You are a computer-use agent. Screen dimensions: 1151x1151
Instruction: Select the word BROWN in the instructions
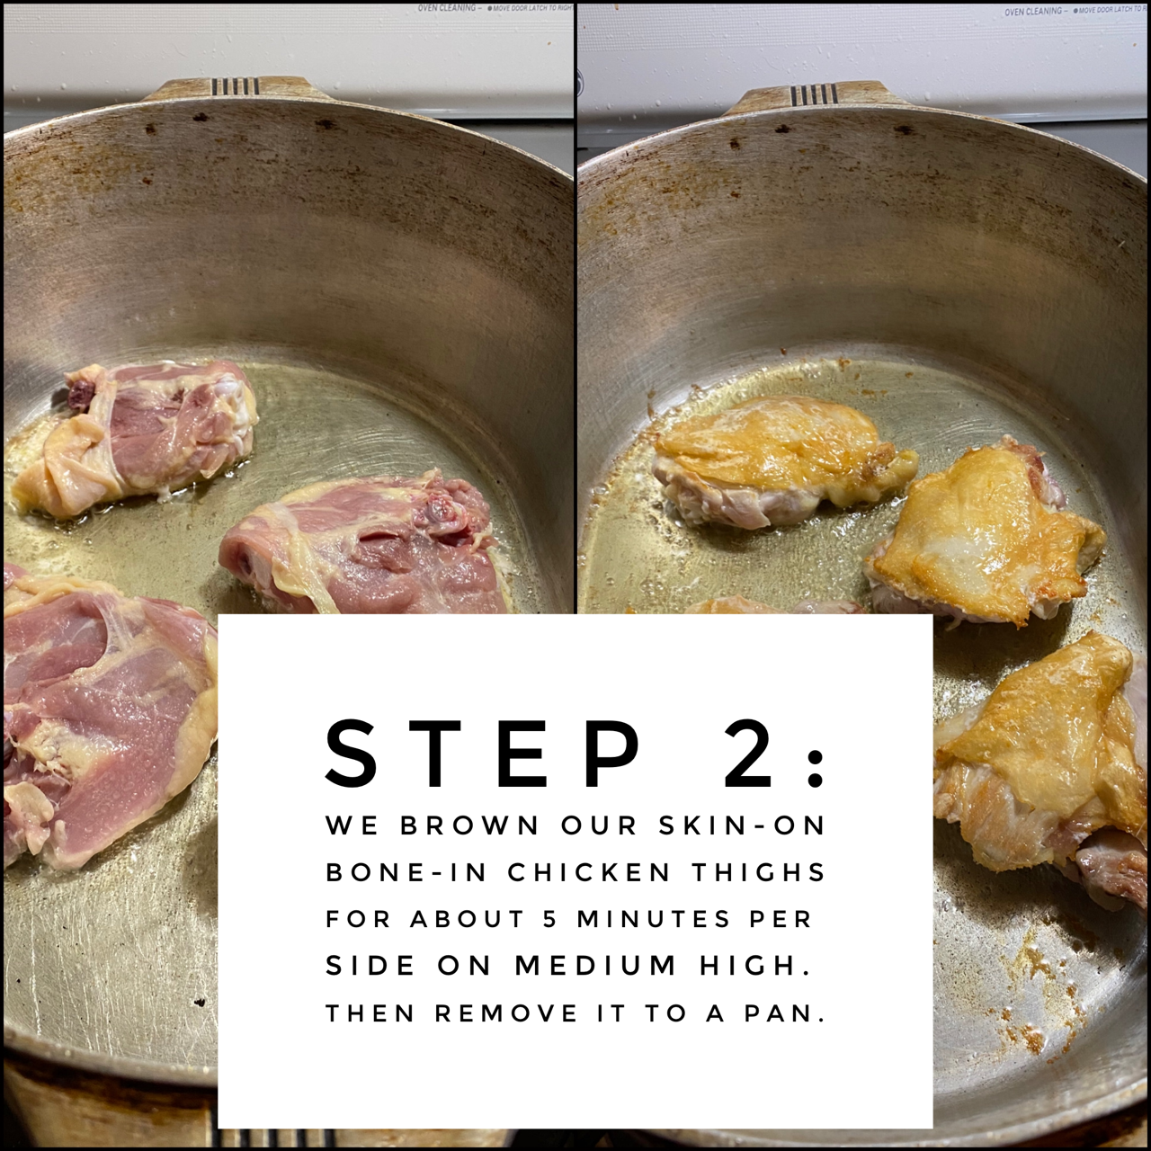click(x=468, y=825)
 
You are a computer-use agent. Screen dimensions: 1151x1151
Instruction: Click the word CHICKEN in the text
click(x=590, y=872)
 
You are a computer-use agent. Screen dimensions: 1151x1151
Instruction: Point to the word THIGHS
click(x=759, y=872)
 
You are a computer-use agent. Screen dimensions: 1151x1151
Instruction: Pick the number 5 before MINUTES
click(x=549, y=919)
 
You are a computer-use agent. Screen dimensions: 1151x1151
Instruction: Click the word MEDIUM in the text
click(x=597, y=966)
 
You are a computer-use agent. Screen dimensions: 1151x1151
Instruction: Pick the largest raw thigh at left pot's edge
click(x=102, y=717)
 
